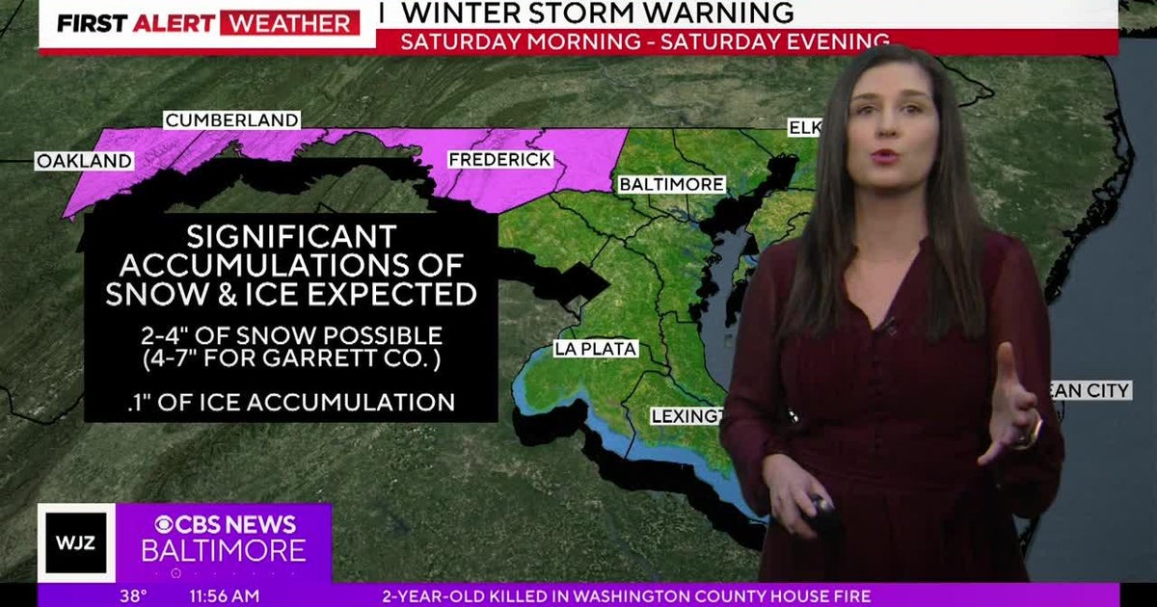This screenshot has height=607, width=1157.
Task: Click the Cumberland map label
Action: click(x=231, y=120)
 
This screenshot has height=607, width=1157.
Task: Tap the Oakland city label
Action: click(x=84, y=161)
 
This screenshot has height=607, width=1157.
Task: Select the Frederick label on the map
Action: click(x=499, y=159)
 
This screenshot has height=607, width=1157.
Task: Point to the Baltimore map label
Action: click(x=671, y=184)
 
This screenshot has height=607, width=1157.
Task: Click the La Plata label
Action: click(x=595, y=349)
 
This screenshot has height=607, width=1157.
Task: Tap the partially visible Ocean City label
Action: click(x=1095, y=390)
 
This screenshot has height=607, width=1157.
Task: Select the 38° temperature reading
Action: click(x=133, y=596)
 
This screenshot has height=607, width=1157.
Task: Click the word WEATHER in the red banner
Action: click(x=289, y=23)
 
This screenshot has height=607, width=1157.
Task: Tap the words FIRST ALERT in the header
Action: click(x=134, y=23)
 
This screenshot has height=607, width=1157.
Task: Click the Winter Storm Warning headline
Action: click(x=598, y=13)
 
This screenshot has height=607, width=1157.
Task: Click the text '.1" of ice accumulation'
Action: click(x=290, y=402)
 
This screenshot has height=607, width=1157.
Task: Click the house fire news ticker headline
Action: click(x=627, y=596)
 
